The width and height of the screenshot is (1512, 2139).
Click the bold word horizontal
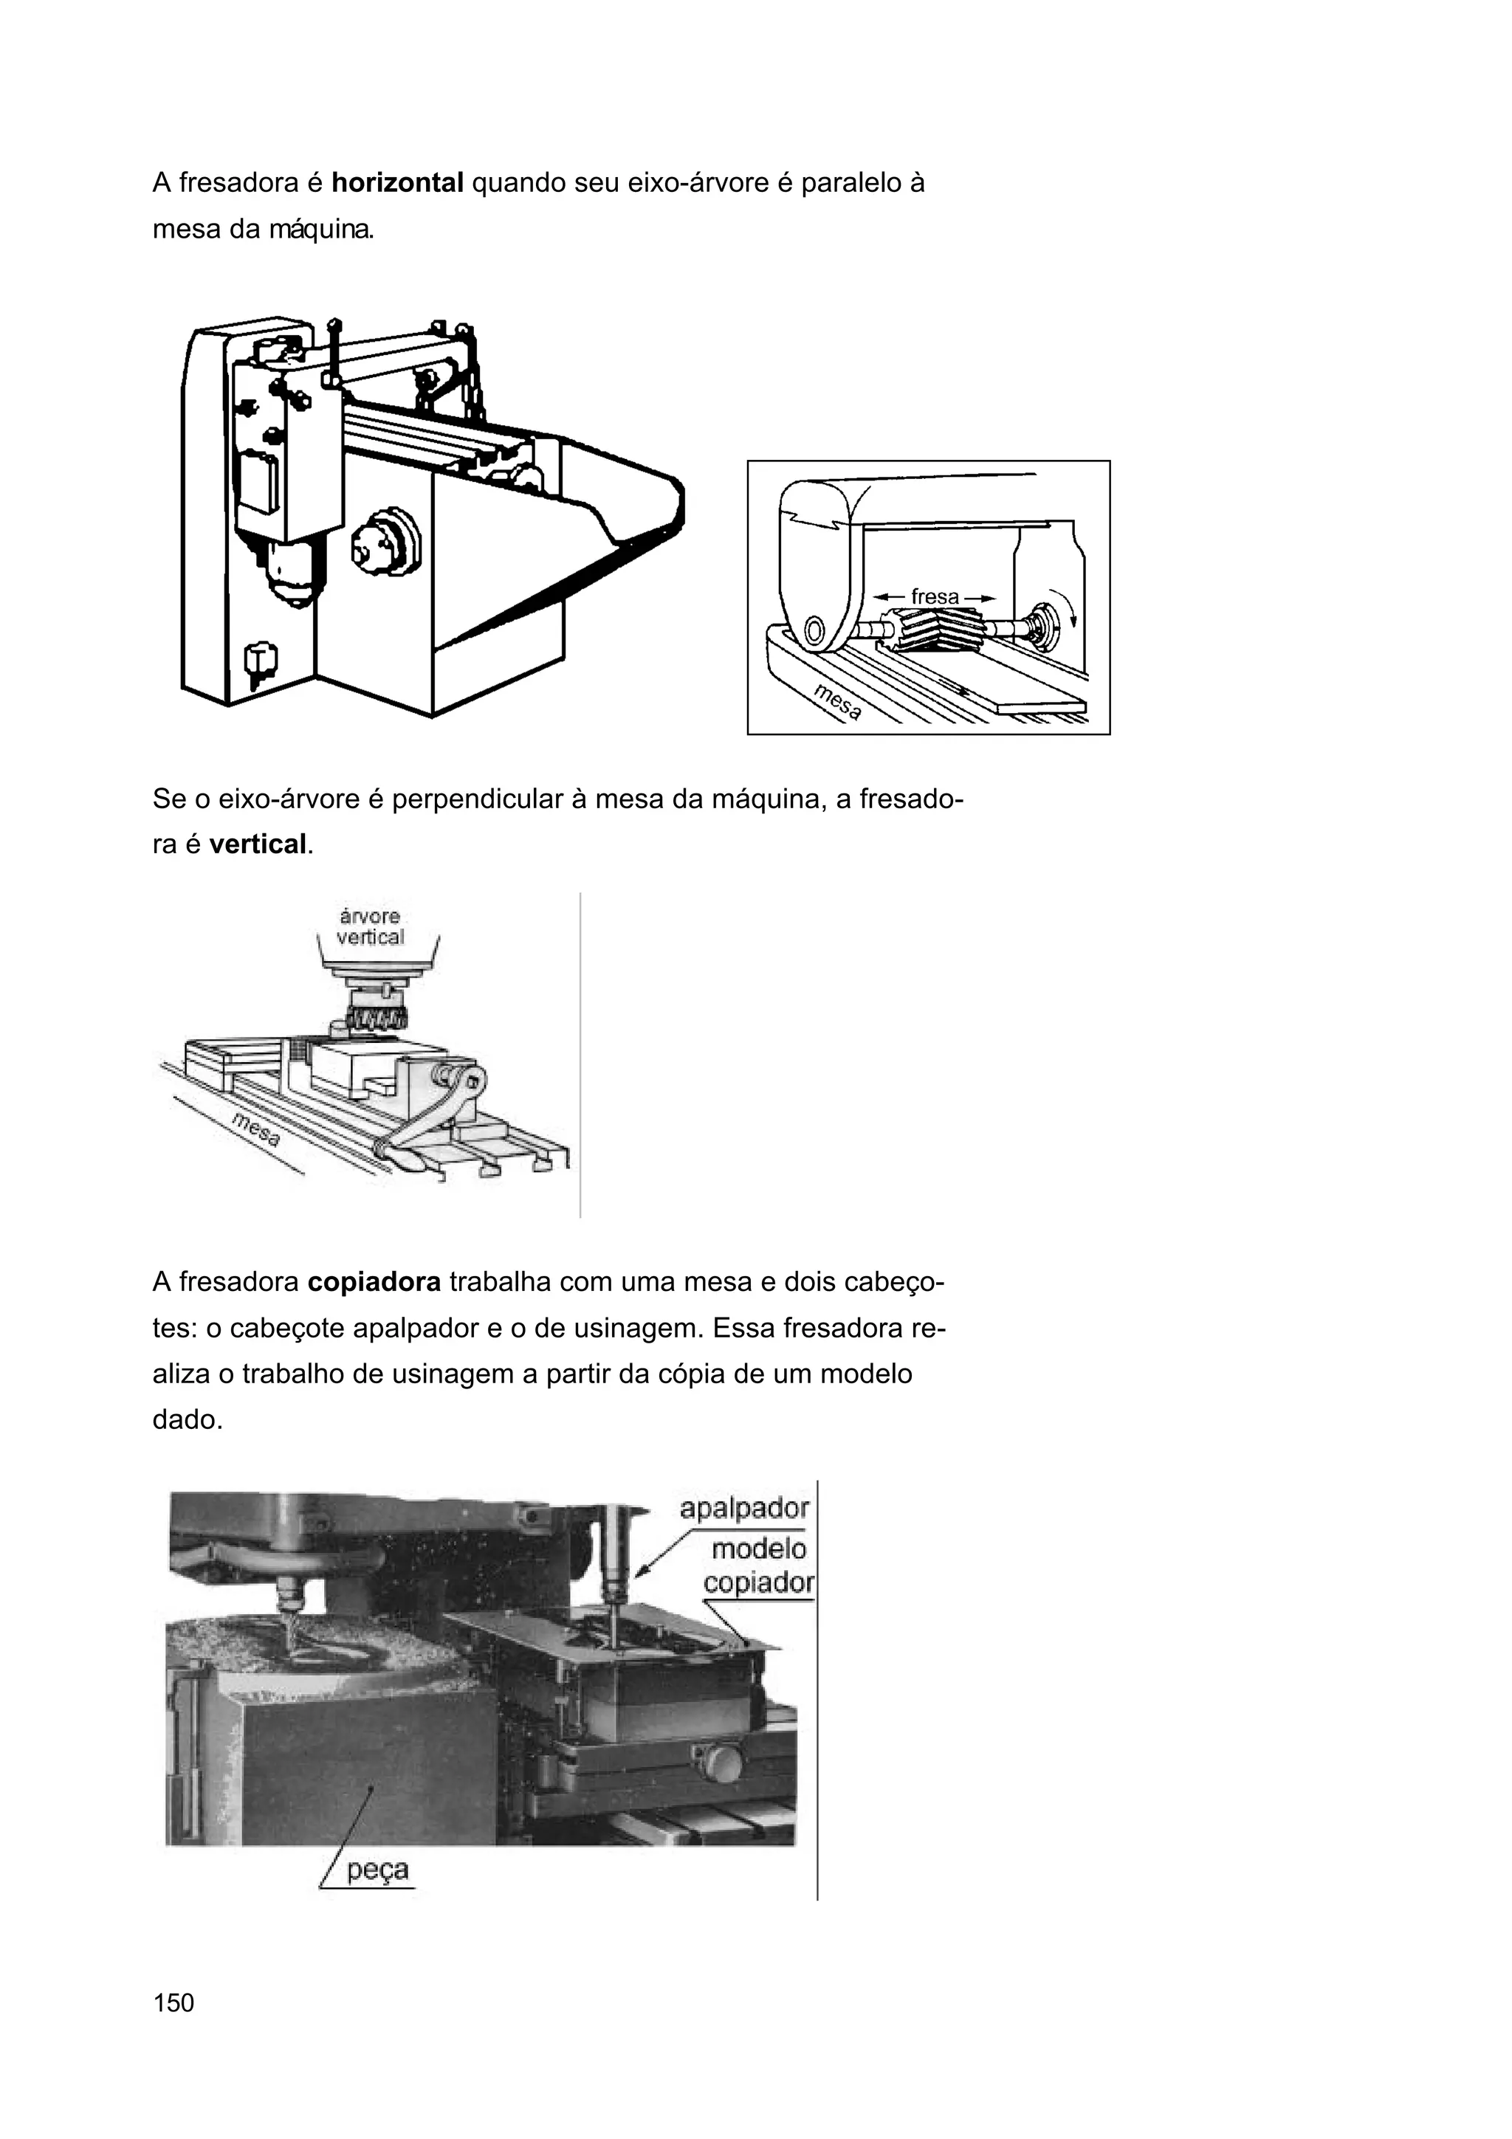397,182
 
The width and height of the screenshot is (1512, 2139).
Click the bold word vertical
257,845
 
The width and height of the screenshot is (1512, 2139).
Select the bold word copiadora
374,1283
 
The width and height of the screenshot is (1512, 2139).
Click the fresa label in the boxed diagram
935,596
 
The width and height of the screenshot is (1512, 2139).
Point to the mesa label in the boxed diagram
836,701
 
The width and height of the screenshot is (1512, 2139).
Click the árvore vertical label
370,927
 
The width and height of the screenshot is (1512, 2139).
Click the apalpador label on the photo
743,1508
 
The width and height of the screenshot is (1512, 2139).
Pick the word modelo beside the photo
758,1549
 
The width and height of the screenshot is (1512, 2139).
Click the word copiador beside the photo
758,1582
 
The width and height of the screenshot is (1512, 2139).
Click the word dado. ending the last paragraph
188,1420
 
